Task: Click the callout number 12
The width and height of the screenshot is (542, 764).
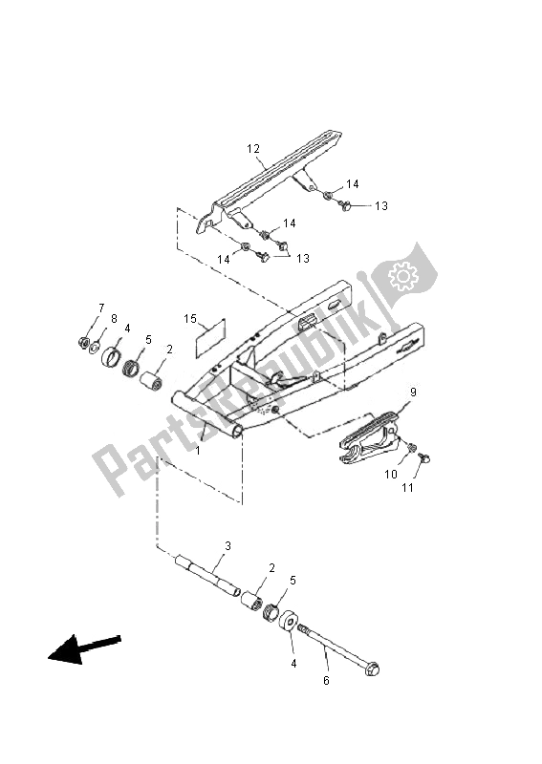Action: point(253,149)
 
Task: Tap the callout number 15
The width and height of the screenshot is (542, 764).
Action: point(190,318)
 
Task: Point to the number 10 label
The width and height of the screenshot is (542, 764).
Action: point(390,474)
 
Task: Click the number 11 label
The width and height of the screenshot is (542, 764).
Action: point(408,488)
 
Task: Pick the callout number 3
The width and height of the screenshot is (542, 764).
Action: point(228,546)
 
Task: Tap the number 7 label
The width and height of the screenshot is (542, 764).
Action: point(100,308)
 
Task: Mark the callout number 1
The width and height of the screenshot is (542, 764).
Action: point(199,449)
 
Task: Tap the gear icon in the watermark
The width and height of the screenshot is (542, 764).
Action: point(402,277)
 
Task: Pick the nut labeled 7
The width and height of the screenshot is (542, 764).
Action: point(83,342)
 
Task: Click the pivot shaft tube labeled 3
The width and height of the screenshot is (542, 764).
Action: point(205,578)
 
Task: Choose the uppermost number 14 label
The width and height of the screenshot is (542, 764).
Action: point(353,183)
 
